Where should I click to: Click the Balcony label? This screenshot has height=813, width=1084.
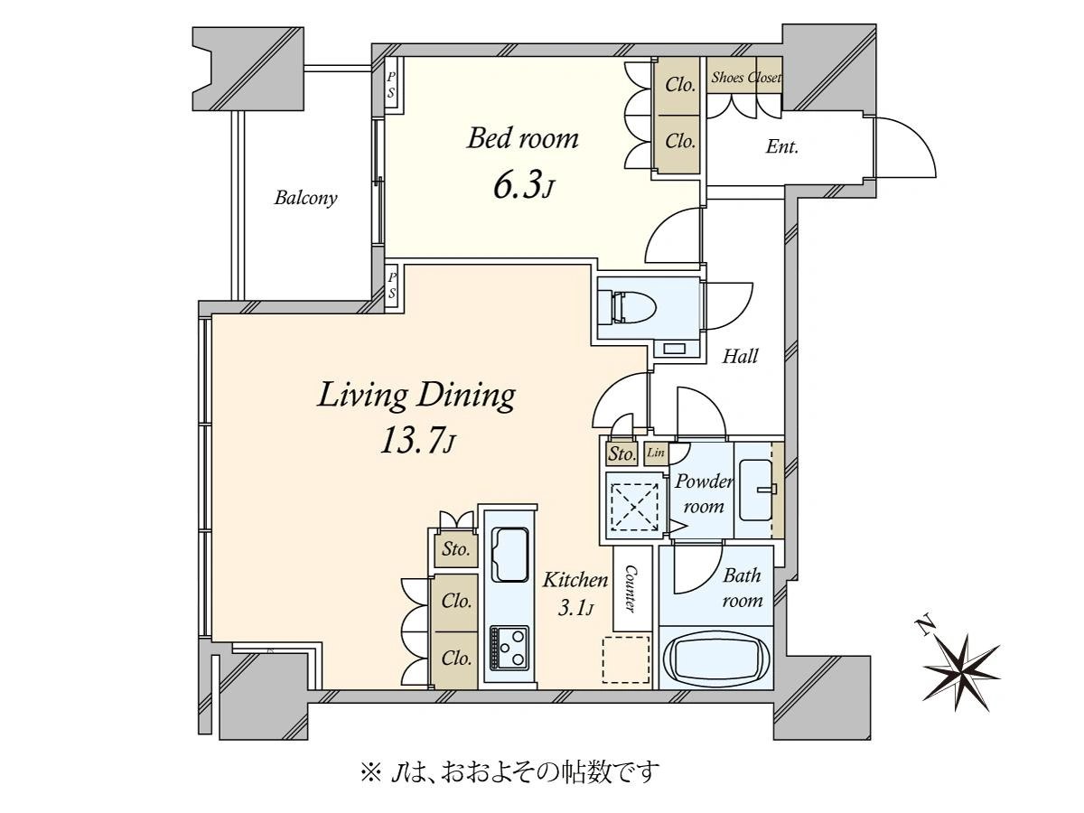(x=305, y=198)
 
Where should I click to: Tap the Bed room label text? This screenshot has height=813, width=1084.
(x=522, y=138)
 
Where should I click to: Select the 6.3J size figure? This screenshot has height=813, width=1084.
(x=523, y=184)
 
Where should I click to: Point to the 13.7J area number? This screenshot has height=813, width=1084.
(x=416, y=439)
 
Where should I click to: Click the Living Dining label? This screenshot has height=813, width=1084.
(x=416, y=397)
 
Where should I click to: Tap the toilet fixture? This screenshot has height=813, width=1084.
(x=626, y=307)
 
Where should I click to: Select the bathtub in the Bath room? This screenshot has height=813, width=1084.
(x=716, y=660)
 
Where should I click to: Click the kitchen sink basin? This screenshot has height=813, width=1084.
(x=510, y=555)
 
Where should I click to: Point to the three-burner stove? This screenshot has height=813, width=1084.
(x=509, y=648)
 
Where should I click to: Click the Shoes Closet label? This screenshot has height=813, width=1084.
(x=746, y=78)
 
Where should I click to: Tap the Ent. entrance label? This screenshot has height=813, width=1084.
(x=781, y=147)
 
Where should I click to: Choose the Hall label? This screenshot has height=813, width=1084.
(x=740, y=356)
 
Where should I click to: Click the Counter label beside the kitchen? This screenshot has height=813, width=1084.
(x=631, y=589)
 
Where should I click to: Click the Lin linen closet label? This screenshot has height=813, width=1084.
(x=655, y=453)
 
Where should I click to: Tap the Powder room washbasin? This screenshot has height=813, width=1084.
(x=755, y=490)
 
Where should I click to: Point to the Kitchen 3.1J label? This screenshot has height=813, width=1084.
(x=575, y=594)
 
